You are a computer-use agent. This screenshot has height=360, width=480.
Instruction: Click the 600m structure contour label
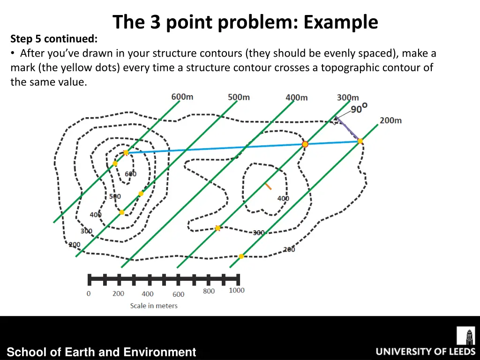tap(182, 97)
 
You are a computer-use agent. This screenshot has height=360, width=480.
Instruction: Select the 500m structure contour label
tap(239, 97)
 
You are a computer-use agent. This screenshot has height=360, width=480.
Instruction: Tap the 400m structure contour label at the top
tap(296, 97)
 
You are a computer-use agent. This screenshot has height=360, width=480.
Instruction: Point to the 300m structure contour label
tap(347, 97)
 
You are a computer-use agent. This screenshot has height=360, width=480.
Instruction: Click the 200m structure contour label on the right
tap(390, 120)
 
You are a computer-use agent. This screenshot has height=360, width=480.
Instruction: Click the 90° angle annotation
tap(359, 108)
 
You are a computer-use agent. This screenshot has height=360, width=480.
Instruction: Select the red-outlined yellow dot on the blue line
tap(305, 144)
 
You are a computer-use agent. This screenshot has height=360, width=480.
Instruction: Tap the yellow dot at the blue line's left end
tap(126, 152)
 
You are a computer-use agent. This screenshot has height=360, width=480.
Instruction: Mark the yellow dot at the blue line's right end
tap(360, 141)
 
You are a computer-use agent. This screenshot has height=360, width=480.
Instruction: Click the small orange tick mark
tap(268, 186)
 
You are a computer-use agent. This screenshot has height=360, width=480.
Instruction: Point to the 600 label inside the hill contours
tap(130, 174)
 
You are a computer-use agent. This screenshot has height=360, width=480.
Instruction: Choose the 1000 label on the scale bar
tap(237, 290)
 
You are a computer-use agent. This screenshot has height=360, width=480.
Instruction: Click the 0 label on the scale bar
tap(89, 293)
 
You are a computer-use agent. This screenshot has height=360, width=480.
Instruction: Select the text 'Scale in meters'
tap(154, 306)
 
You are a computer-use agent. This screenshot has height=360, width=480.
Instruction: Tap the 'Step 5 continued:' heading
tap(54, 38)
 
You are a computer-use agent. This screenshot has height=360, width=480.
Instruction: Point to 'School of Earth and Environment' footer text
tap(101, 352)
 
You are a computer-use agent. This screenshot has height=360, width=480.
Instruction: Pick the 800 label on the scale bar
tap(209, 291)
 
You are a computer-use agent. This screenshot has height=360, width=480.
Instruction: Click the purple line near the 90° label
tap(347, 129)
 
